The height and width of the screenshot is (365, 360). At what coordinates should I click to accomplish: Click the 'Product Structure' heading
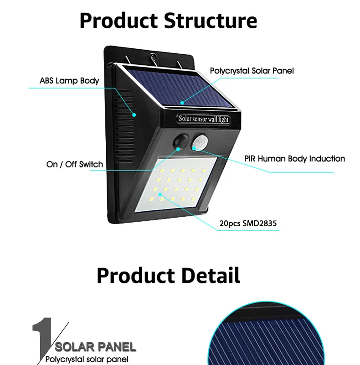[168, 21]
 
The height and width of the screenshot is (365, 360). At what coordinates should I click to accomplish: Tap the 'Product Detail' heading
[168, 276]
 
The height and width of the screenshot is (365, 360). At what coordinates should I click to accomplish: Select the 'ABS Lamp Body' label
[69, 81]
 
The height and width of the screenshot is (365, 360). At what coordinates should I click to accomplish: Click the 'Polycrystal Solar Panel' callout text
[252, 71]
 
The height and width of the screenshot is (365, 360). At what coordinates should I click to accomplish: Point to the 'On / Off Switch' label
[75, 164]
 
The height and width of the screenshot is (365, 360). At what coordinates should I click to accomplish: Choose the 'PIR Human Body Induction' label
[295, 159]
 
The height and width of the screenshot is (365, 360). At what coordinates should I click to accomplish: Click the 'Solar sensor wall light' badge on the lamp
[203, 119]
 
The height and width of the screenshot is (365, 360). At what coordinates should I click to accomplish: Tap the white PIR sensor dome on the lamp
[200, 142]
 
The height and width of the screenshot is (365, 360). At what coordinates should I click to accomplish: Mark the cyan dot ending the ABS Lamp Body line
[134, 115]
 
